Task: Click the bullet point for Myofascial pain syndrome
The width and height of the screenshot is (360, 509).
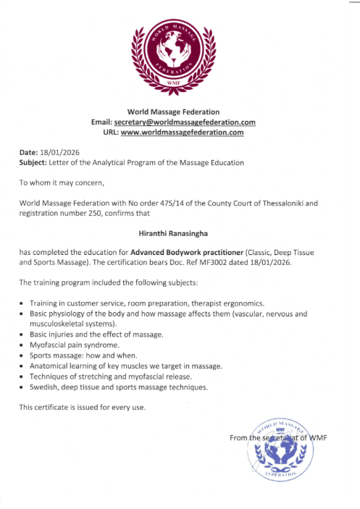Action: [x=24, y=345]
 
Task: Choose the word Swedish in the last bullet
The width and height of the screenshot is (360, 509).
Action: [x=43, y=387]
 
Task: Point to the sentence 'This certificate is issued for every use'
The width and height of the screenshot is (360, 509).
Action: [x=82, y=407]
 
